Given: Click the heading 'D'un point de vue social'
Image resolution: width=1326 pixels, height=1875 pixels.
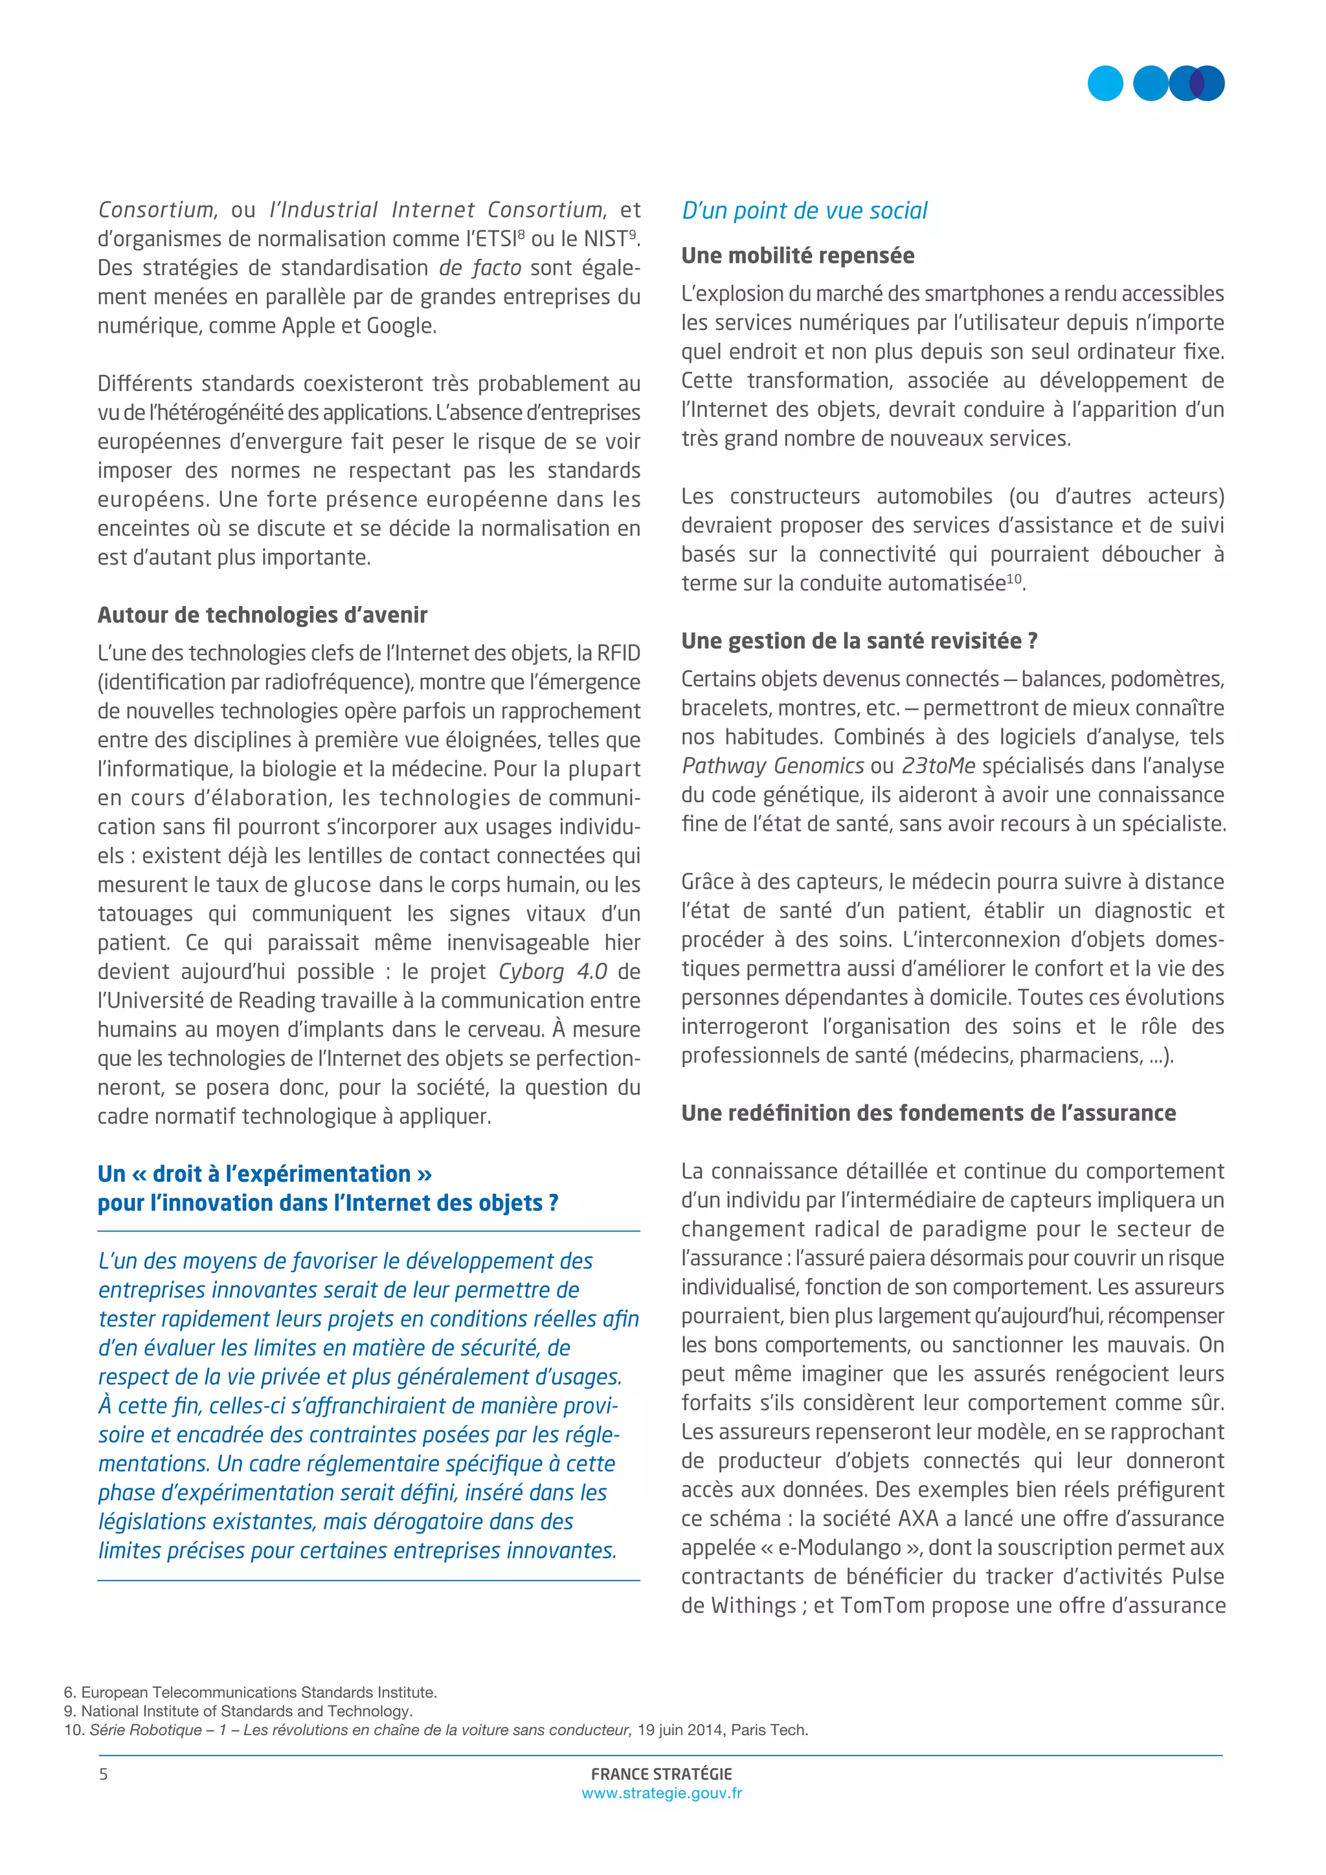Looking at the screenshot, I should tap(804, 210).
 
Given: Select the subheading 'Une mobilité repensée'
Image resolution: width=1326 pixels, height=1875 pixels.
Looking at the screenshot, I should tap(797, 256).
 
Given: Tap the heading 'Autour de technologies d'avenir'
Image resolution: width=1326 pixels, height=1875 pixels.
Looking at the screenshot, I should tap(262, 615).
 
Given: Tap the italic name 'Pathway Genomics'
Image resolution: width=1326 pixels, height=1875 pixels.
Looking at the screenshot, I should tap(772, 766).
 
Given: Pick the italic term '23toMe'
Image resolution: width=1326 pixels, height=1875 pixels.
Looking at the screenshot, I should tap(938, 766).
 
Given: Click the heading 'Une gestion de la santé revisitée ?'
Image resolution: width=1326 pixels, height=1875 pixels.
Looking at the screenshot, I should tap(859, 641).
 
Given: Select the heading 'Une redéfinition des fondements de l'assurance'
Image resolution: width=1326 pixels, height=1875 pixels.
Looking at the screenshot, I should tap(928, 1113).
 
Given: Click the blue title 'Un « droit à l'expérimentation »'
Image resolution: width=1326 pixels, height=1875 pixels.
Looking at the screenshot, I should tap(265, 1174).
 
